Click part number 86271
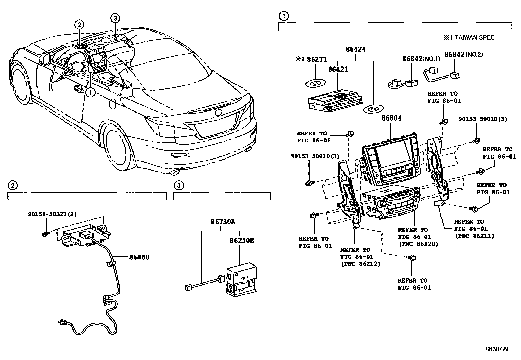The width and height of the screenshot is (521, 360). [317, 60]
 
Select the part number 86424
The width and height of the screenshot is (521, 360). [356, 49]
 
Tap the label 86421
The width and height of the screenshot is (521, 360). [338, 69]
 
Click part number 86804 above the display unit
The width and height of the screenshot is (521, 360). [391, 118]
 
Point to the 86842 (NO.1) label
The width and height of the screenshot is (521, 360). [421, 59]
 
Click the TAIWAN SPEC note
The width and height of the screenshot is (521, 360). [469, 37]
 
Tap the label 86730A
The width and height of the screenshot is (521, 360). [223, 222]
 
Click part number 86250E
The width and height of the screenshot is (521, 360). [242, 240]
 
